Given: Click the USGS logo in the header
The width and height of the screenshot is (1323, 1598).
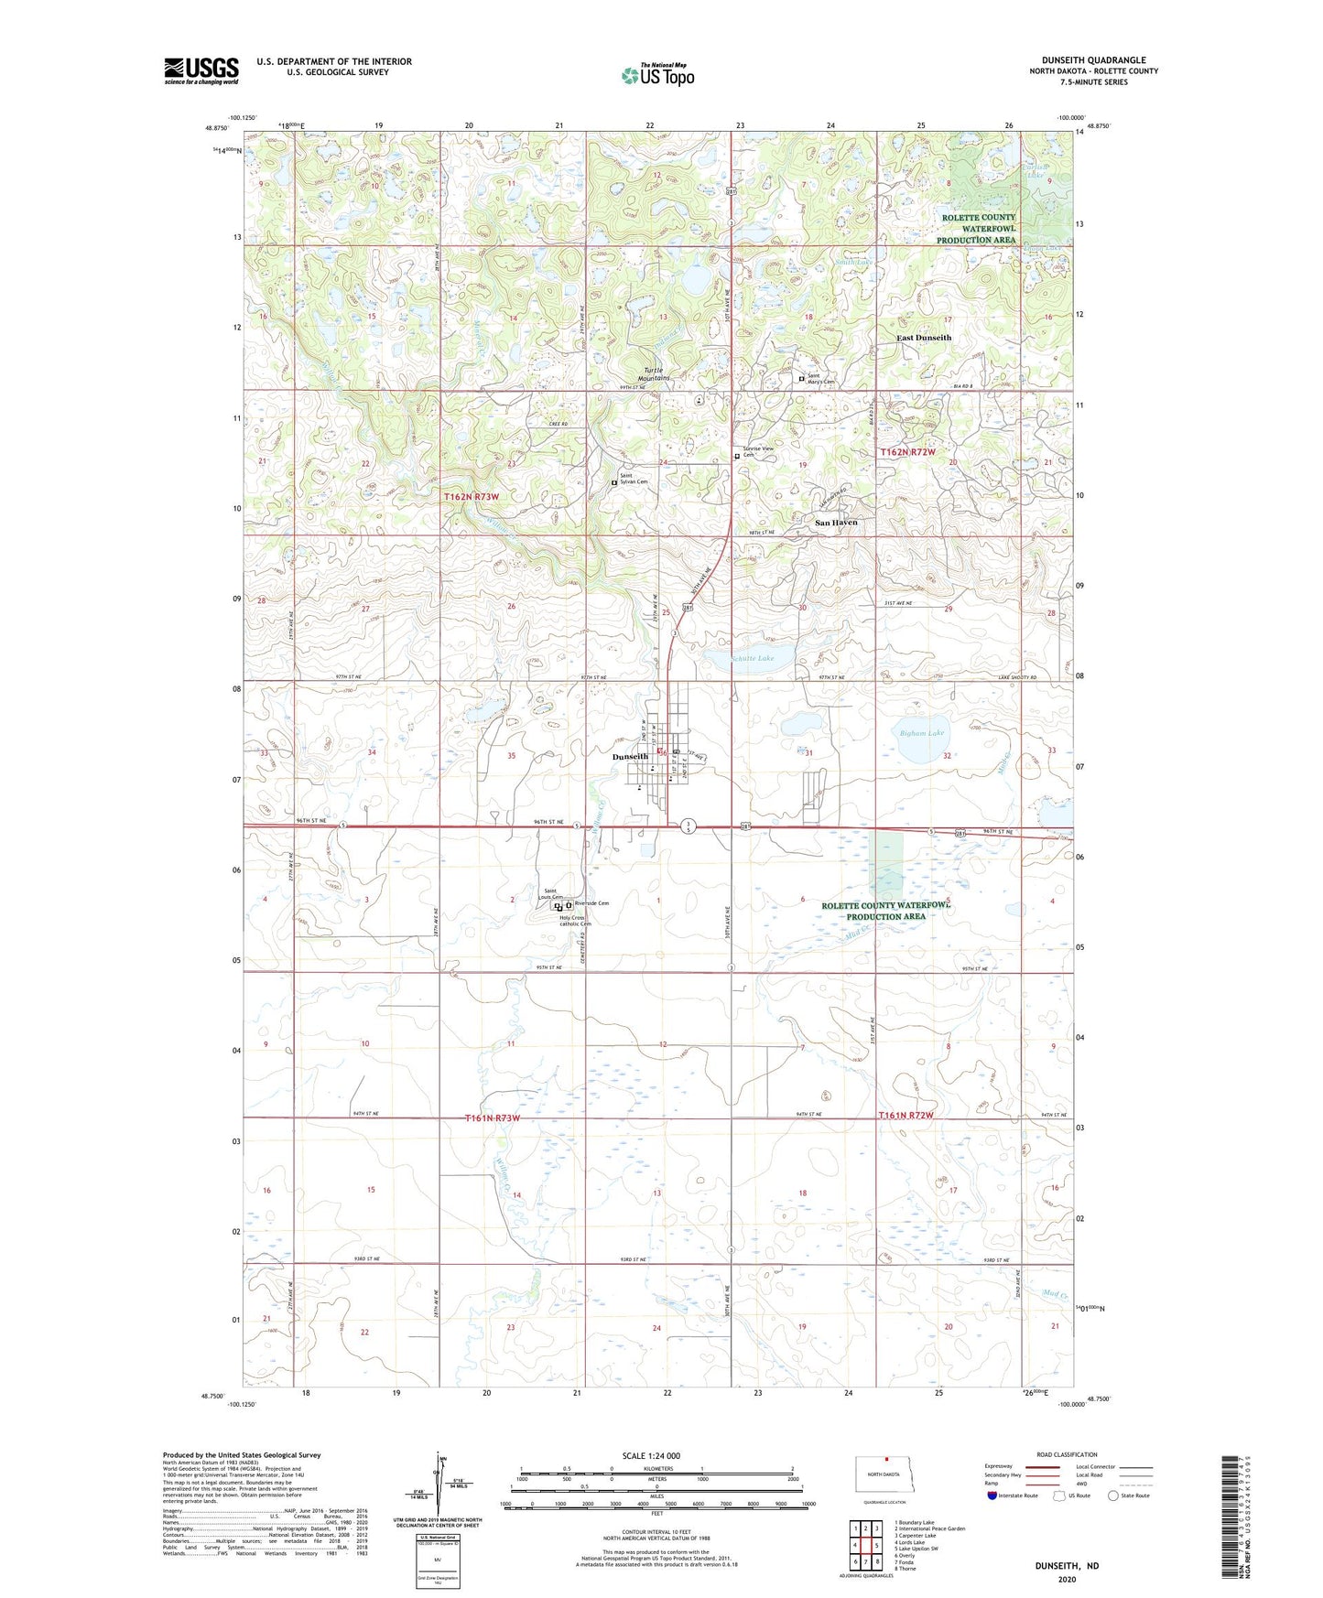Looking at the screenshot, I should (201, 70).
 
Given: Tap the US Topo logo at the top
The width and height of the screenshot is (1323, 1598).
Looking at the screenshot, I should (657, 75).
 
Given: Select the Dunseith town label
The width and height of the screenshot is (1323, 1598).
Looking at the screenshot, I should (630, 757).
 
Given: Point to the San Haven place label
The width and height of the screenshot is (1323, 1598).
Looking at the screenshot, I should (836, 523).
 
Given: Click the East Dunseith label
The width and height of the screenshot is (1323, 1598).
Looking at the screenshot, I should (923, 338).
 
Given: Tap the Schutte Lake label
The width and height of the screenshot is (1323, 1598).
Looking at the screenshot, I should (753, 658).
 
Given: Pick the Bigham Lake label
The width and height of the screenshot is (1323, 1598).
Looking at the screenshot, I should (921, 733).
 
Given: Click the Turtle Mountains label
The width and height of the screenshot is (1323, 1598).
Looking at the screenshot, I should (654, 374).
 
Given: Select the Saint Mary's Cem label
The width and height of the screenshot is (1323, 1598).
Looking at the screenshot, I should (819, 378).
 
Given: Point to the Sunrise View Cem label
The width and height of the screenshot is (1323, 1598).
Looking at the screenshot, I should (757, 451).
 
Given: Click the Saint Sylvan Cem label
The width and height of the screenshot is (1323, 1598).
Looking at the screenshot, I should (633, 479).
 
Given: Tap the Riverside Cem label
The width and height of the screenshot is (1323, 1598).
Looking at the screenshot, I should (591, 903).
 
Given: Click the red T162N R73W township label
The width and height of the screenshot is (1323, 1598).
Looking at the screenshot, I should (472, 496).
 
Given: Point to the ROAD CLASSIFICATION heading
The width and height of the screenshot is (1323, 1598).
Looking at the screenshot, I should (1067, 1454).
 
